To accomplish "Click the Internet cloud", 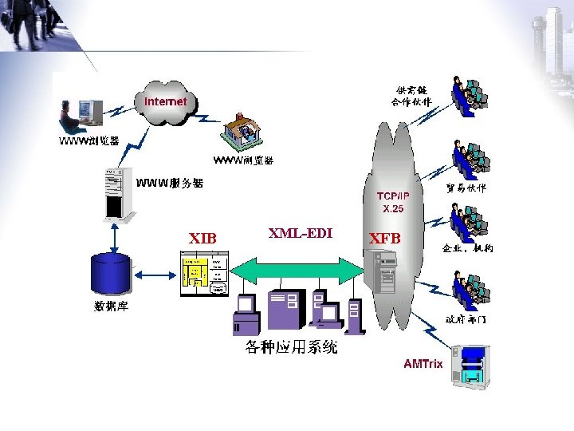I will click(x=165, y=103).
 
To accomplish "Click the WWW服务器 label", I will click(x=169, y=184).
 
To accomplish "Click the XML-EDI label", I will click(x=300, y=233).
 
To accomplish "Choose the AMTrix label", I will click(x=423, y=364).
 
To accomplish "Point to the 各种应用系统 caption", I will click(x=291, y=347).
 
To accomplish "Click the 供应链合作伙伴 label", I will click(x=411, y=96).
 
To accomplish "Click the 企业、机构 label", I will click(x=467, y=248).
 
